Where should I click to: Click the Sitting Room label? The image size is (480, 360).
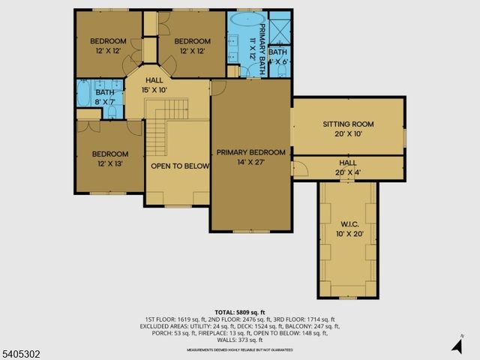coord(348,124)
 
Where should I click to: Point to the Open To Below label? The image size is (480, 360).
coord(179,166)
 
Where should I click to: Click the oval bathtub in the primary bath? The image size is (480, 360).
coord(246,19)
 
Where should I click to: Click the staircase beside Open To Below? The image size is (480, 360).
coord(154,133)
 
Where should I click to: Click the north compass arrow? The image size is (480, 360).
coord(457,346)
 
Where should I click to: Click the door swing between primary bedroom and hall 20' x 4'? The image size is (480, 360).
coord(298,169)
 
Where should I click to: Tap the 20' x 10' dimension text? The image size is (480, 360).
coord(348,133)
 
